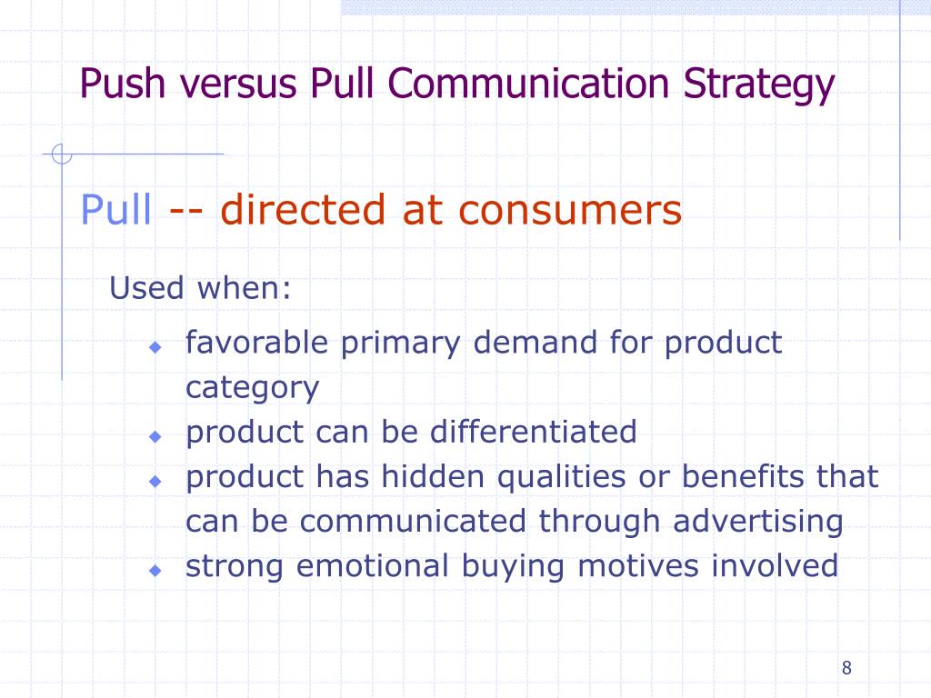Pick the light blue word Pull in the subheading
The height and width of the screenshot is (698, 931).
[116, 211]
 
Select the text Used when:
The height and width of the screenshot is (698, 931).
[201, 289]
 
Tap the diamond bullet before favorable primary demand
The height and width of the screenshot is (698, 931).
[155, 347]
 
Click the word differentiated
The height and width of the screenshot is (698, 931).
[534, 432]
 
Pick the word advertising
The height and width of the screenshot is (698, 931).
[758, 522]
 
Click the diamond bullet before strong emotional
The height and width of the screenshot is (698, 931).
[155, 570]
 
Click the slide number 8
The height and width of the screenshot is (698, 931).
[846, 668]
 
